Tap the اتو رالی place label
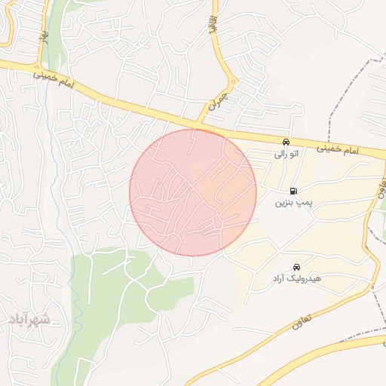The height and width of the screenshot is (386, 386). [285, 154]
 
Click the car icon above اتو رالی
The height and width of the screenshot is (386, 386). [286, 142]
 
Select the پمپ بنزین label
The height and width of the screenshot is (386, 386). [293, 203]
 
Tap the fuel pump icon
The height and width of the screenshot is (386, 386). [293, 190]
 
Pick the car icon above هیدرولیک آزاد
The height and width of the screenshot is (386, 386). [297, 267]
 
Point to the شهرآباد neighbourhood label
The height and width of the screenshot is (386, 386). [30, 320]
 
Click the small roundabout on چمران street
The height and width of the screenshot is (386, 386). [233, 81]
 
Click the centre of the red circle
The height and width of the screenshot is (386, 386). [193, 192]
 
